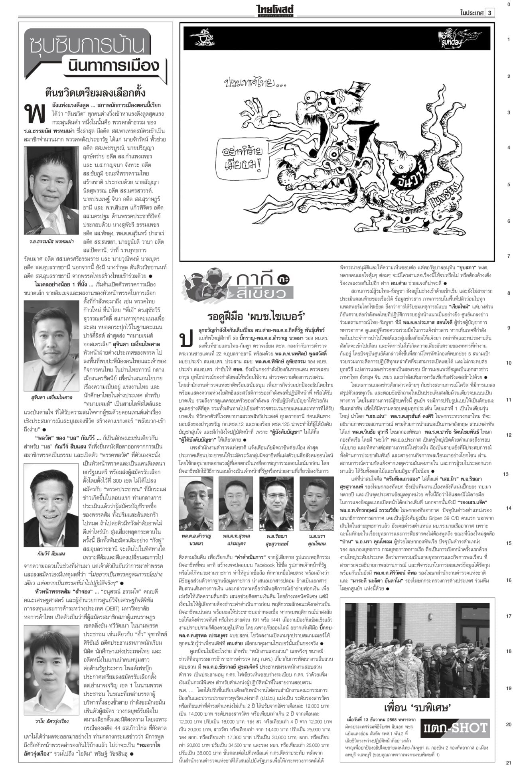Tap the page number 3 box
click(x=490, y=12)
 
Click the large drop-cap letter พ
click(x=34, y=113)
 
